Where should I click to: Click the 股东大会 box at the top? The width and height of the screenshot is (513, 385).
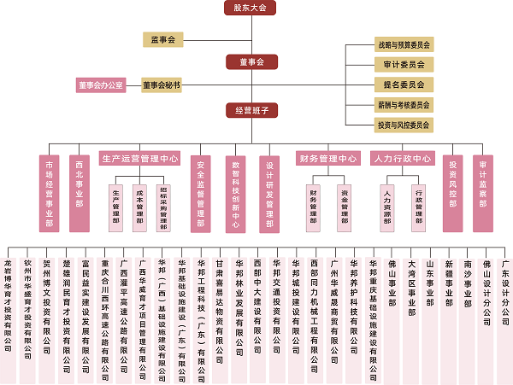[x=251, y=9]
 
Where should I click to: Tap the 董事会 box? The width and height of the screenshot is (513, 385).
[x=251, y=62]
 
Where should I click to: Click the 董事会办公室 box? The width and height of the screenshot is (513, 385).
[x=101, y=85]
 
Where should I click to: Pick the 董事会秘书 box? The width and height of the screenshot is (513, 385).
[x=162, y=85]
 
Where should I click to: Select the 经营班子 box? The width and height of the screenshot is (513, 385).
[x=251, y=110]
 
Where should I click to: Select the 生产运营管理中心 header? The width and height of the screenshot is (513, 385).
[x=140, y=158]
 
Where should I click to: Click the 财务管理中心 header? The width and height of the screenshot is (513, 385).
[x=327, y=158]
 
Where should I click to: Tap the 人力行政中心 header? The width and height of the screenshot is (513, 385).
[x=402, y=158]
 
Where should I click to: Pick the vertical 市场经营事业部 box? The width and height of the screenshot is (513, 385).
[x=49, y=193]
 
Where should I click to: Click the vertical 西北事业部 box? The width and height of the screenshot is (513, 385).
[x=79, y=193]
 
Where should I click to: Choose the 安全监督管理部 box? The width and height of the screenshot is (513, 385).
[x=200, y=193]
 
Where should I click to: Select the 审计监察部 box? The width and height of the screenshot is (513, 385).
[x=483, y=193]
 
